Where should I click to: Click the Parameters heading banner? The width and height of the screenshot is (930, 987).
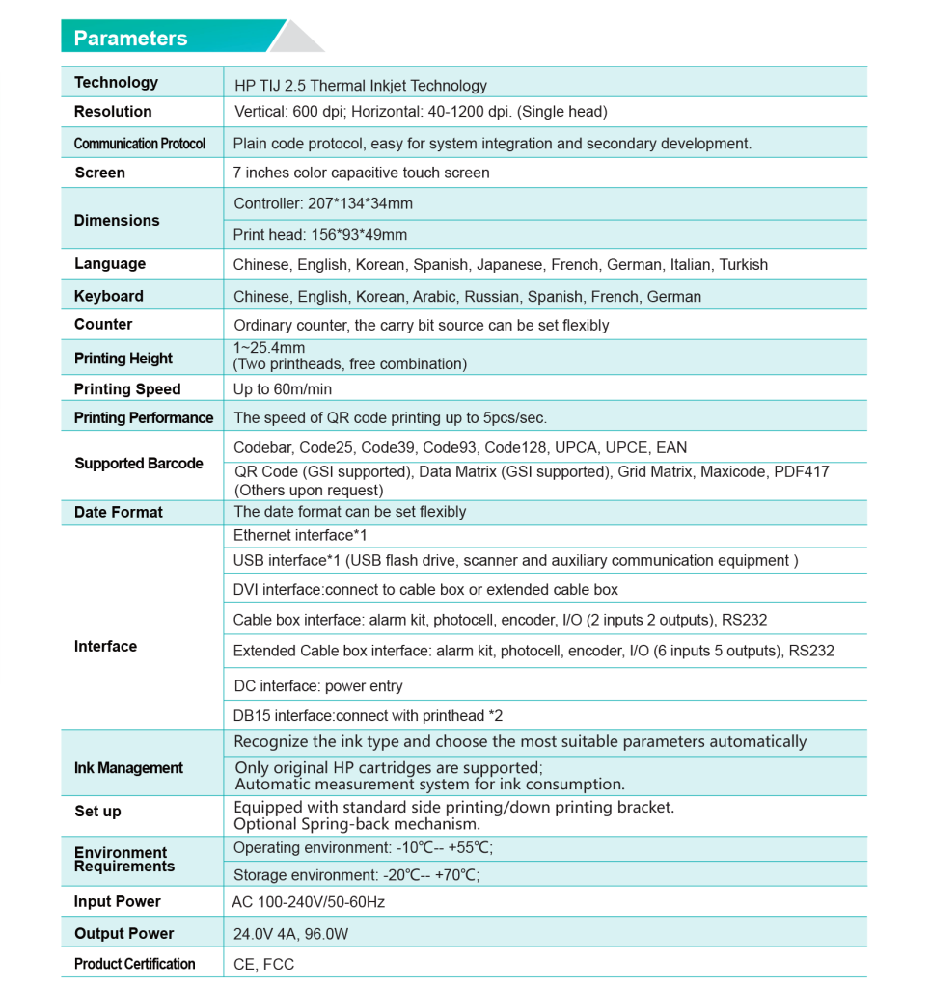click(131, 39)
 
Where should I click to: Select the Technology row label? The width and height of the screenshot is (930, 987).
click(116, 83)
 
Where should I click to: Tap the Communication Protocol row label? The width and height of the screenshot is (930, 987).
click(140, 144)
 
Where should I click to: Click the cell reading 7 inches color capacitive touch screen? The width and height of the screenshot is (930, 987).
click(361, 173)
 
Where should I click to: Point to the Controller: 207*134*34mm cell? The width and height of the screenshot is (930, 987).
click(323, 204)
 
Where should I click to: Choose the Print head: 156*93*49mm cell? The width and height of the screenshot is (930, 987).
click(320, 235)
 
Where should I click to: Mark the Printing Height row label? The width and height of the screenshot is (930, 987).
click(123, 359)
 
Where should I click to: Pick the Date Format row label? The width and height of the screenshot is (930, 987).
click(119, 513)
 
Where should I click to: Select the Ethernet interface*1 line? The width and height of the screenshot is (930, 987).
click(300, 535)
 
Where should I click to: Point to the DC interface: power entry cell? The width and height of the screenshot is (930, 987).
click(318, 686)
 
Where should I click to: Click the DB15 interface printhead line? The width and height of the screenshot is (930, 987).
click(368, 716)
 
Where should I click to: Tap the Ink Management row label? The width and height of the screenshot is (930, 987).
click(128, 768)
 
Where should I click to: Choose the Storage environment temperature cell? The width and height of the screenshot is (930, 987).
click(356, 875)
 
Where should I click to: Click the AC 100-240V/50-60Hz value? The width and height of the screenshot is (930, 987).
click(309, 903)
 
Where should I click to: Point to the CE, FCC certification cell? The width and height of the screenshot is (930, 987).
click(264, 965)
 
